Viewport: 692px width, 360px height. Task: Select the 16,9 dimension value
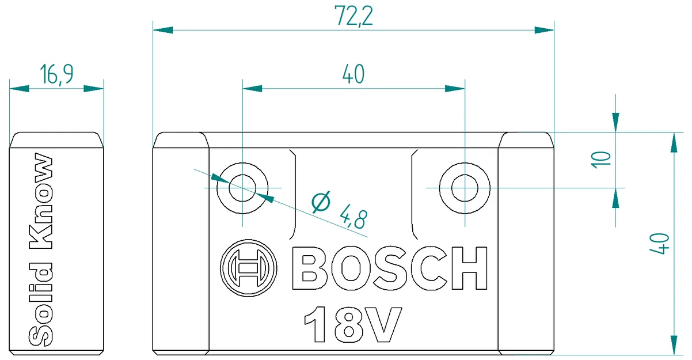click(x=56, y=75)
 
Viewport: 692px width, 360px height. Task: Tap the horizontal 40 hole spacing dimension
click(x=353, y=75)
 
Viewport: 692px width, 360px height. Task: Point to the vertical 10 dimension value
click(x=600, y=159)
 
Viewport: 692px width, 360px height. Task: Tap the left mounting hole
click(x=242, y=188)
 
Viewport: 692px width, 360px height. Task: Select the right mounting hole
click(x=465, y=188)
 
